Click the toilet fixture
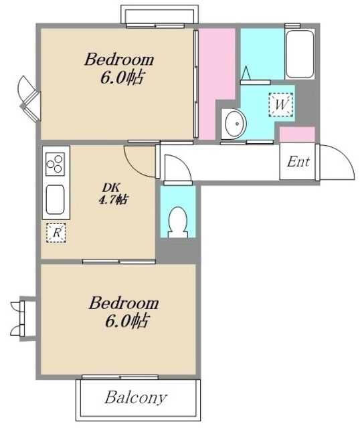click(178, 222)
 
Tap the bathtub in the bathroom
click(299, 54)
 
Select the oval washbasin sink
click(235, 124)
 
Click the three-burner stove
click(55, 164)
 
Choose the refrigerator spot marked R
click(56, 233)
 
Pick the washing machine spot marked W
click(281, 105)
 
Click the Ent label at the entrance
click(298, 162)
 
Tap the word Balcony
click(136, 398)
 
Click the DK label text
click(111, 187)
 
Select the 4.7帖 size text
click(112, 200)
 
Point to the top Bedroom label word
click(119, 60)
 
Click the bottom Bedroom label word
click(124, 303)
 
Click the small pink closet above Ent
click(297, 134)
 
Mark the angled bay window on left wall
click(29, 98)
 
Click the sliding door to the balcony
click(120, 377)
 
